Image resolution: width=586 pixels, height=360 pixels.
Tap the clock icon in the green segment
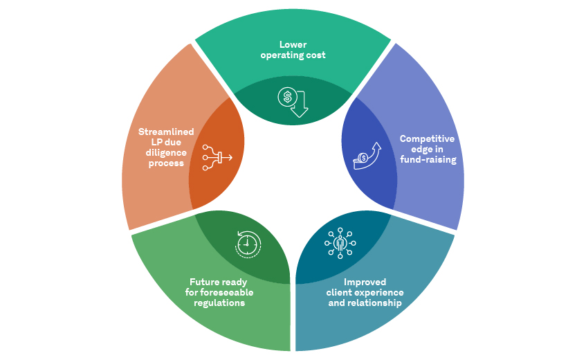click(x=248, y=243)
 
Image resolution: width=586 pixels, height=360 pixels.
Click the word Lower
click(x=293, y=45)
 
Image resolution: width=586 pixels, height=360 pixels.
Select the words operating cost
click(x=293, y=55)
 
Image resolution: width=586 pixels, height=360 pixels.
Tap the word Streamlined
click(x=166, y=132)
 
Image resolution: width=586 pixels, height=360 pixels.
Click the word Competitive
click(x=427, y=138)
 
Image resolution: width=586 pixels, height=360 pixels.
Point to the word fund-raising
click(x=428, y=159)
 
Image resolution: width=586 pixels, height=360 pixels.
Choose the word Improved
click(x=365, y=282)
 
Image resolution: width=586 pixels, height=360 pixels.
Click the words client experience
click(x=365, y=292)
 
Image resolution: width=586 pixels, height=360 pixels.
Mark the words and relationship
click(x=365, y=303)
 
